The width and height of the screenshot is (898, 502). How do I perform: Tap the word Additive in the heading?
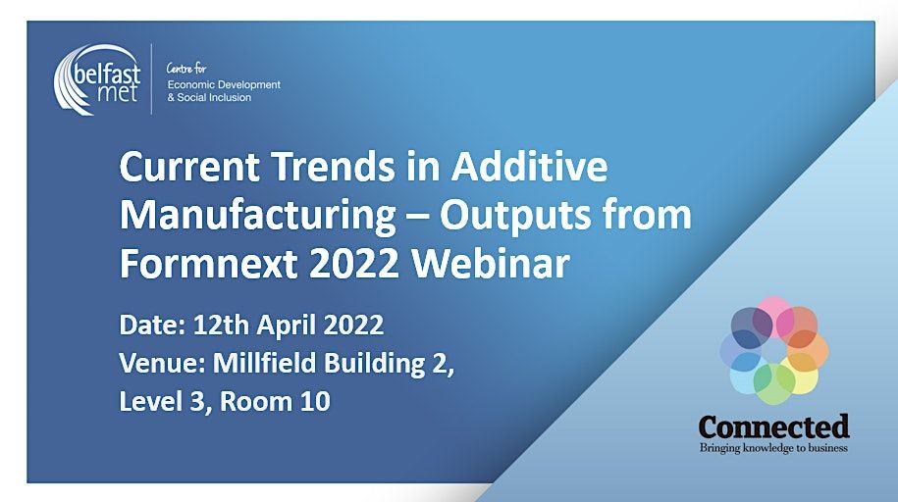coord(530,168)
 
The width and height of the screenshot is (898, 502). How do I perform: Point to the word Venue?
coord(150,364)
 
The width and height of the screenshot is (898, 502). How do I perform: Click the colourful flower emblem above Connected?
coord(774,350)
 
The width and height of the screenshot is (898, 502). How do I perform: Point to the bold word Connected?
coord(773,427)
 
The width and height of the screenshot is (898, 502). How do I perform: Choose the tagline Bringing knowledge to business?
coord(773,448)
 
